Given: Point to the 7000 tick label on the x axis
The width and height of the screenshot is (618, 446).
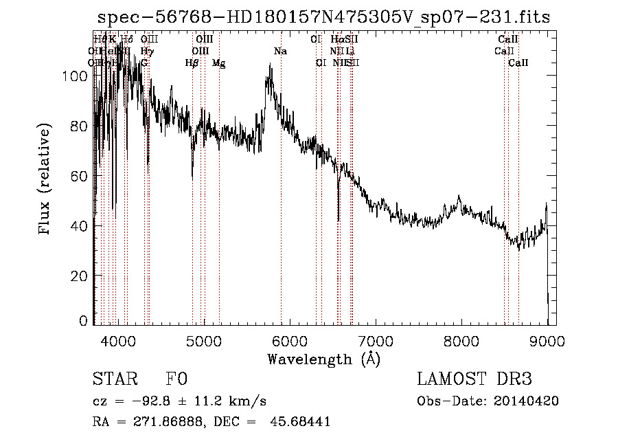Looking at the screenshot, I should point(375,341).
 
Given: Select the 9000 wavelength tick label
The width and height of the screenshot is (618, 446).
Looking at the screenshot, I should point(547,341).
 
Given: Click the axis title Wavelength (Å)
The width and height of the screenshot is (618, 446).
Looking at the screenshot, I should point(323,359).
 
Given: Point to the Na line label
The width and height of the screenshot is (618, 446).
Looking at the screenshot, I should point(280,52).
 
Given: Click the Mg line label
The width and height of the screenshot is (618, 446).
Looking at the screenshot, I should point(218,63).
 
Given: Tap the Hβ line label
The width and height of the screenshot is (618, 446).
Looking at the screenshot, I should point(192,63).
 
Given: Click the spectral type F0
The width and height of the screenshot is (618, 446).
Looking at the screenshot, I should point(176,379).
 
